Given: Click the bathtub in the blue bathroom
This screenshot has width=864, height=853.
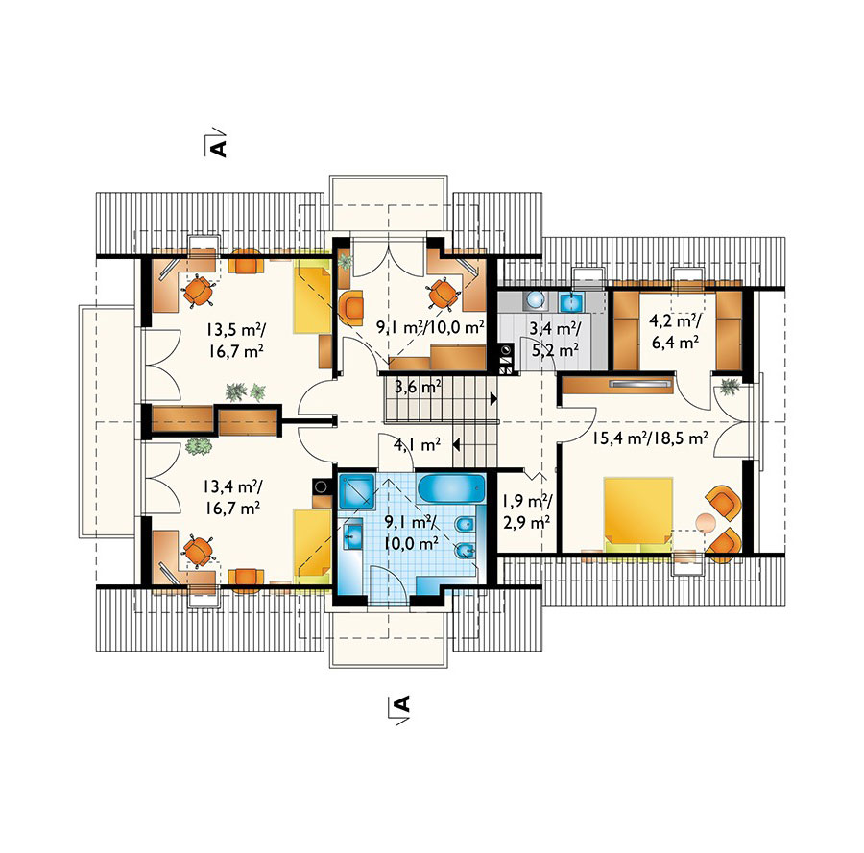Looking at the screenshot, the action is click(451, 488).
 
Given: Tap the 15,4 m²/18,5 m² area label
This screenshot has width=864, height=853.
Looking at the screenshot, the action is click(650, 438).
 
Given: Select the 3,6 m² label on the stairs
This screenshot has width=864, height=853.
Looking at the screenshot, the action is click(418, 387).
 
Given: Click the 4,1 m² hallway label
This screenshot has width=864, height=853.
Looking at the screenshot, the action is click(418, 444).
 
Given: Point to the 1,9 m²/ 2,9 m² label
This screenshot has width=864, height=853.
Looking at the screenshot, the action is click(527, 511).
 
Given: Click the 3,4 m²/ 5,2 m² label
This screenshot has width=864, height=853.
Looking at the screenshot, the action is click(554, 340).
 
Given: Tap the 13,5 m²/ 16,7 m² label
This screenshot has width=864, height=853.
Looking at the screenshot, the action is click(236, 341).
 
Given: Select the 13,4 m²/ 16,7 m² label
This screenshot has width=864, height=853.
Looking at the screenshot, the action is click(232, 497).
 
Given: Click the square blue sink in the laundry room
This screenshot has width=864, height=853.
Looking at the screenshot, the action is click(572, 302).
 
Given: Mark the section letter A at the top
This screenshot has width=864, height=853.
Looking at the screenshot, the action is click(219, 149).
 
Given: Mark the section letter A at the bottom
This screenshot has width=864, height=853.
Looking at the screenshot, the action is click(403, 703).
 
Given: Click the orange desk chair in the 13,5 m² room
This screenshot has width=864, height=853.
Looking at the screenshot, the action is click(197, 291).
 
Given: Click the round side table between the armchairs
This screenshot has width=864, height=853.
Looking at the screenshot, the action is click(705, 522).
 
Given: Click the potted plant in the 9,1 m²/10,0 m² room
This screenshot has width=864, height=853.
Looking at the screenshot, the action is click(345, 262).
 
